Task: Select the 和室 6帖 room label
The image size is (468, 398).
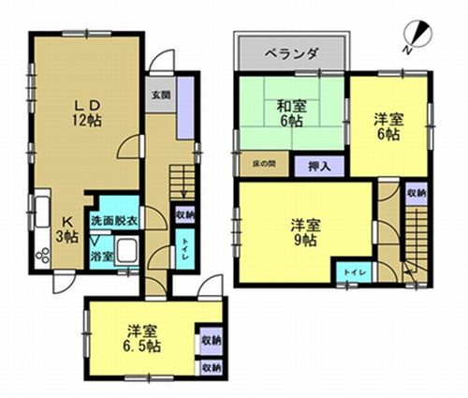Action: [290, 113]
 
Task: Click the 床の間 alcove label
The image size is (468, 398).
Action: [262, 165]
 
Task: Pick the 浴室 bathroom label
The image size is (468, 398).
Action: [101, 254]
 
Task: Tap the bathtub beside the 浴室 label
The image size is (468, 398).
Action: [127, 252]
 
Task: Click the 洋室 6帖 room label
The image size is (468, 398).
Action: [389, 125]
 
